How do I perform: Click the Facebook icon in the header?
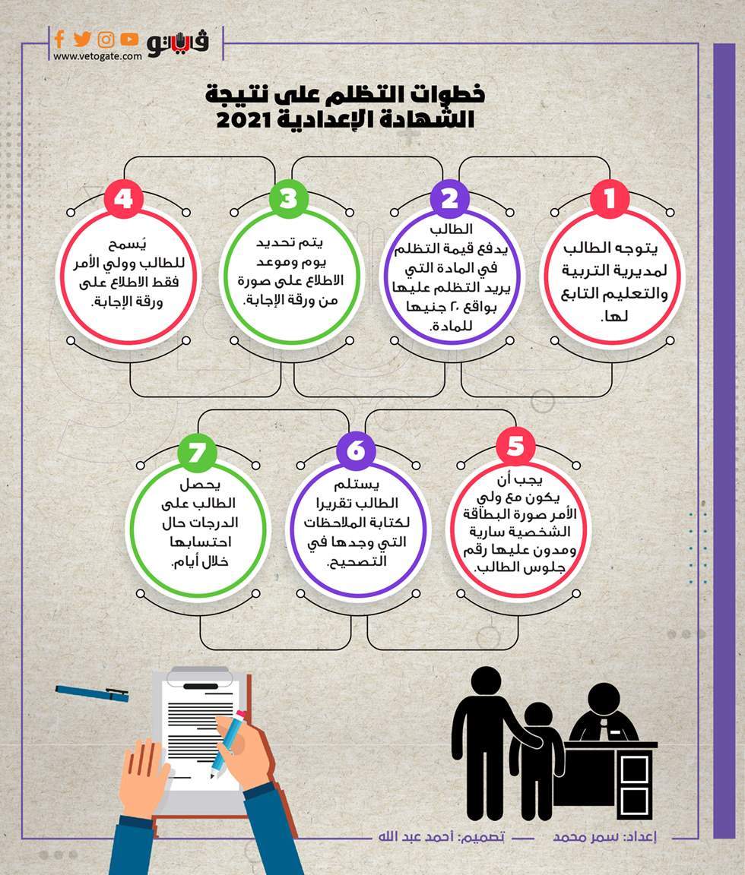[59, 39]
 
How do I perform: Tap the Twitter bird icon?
[82, 39]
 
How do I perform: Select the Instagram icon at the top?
[106, 39]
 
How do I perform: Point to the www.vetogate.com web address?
[97, 56]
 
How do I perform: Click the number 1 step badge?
[610, 199]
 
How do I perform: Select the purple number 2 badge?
[449, 199]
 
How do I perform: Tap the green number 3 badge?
[288, 199]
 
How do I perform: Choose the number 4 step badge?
[124, 199]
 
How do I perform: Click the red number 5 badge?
[515, 447]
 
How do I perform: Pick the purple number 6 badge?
[355, 451]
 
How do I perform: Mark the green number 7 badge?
[197, 451]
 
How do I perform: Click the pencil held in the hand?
[228, 741]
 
